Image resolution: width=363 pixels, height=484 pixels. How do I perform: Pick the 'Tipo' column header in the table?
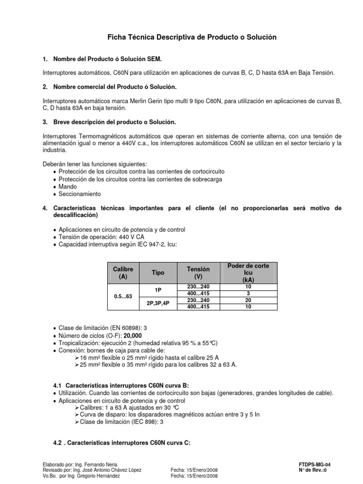[158, 273]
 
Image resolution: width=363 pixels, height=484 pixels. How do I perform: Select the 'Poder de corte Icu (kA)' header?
[248, 273]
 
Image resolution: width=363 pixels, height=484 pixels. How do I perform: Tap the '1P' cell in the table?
[158, 290]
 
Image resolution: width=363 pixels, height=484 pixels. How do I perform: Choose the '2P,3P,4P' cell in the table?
[158, 304]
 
